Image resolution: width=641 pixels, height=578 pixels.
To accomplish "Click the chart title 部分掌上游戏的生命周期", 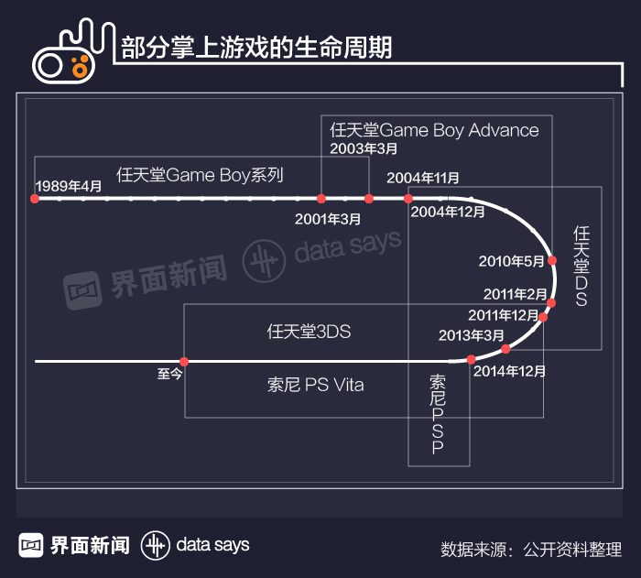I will coord(256,48).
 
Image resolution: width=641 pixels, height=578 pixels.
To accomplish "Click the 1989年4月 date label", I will coord(69,186).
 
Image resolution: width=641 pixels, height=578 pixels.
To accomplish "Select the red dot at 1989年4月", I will coord(35,198).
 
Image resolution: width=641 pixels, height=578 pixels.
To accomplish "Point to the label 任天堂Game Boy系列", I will coord(201,174).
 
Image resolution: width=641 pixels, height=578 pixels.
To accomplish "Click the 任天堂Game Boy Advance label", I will coord(435,130).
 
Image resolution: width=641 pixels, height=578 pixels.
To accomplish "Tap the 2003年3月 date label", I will coord(364,148).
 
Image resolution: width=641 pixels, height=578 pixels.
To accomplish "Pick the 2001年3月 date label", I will coord(328,219).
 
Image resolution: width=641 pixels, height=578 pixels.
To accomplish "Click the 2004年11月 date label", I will coord(423,178).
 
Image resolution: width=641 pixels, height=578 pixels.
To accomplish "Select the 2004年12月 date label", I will coord(448,212).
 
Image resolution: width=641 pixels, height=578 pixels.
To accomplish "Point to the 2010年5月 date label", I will coord(512,261).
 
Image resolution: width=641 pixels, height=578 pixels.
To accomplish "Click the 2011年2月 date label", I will coord(516,294).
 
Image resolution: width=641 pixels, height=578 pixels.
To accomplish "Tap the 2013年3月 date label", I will coord(471,335).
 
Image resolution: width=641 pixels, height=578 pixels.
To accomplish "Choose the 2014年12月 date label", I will coord(509,371).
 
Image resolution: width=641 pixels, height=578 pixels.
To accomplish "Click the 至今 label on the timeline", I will coord(170,374).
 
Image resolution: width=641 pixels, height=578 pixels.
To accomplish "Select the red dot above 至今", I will coord(184,361).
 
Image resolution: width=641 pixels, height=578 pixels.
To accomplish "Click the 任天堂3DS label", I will coord(309,332).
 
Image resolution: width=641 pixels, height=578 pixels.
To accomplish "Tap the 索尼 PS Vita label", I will coord(315,385).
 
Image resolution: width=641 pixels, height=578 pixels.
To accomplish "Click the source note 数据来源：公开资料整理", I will coord(530,549).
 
